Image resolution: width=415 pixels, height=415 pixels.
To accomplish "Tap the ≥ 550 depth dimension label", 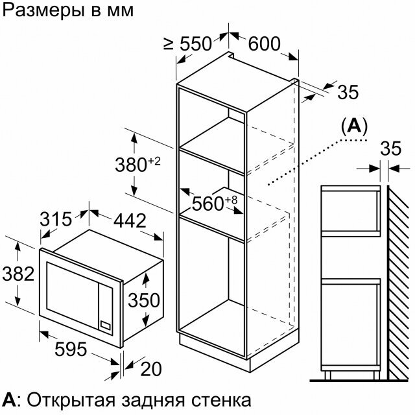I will (187, 44).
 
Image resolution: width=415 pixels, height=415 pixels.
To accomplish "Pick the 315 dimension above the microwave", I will (56, 219).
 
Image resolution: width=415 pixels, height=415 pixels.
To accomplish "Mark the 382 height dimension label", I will (18, 274).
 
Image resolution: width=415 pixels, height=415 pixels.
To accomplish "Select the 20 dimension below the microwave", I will (150, 369).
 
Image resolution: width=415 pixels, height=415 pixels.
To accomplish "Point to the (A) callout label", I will (353, 125).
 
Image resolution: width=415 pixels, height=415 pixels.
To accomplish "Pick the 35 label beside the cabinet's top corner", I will (348, 92).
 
